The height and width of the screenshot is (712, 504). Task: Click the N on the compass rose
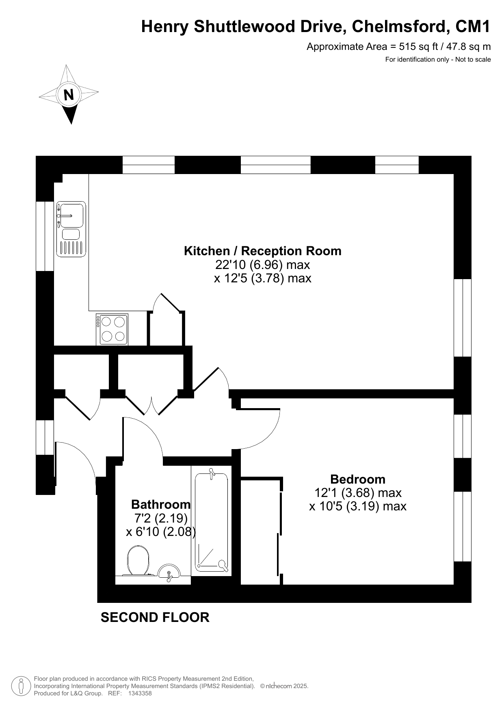pyautogui.click(x=69, y=95)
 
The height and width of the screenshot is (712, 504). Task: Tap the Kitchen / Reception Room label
pyautogui.click(x=262, y=251)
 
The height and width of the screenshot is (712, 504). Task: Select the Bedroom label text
pyautogui.click(x=358, y=479)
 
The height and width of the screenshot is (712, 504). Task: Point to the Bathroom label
pyautogui.click(x=161, y=504)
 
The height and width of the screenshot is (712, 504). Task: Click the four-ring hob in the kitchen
pyautogui.click(x=112, y=329)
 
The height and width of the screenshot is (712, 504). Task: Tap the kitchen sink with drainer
pyautogui.click(x=71, y=229)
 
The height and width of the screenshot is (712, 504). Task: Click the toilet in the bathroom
pyautogui.click(x=138, y=561)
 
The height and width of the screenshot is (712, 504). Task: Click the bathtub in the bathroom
pyautogui.click(x=211, y=522)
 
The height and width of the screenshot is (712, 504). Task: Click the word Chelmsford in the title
pyautogui.click(x=400, y=26)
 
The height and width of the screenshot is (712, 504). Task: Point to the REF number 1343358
pyautogui.click(x=140, y=693)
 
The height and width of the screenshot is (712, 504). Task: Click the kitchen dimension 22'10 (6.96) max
pyautogui.click(x=262, y=265)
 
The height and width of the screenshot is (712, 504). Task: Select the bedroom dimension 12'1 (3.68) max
pyautogui.click(x=358, y=493)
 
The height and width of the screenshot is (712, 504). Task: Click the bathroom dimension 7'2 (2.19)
pyautogui.click(x=161, y=518)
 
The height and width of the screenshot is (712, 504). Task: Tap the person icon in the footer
pyautogui.click(x=20, y=686)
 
